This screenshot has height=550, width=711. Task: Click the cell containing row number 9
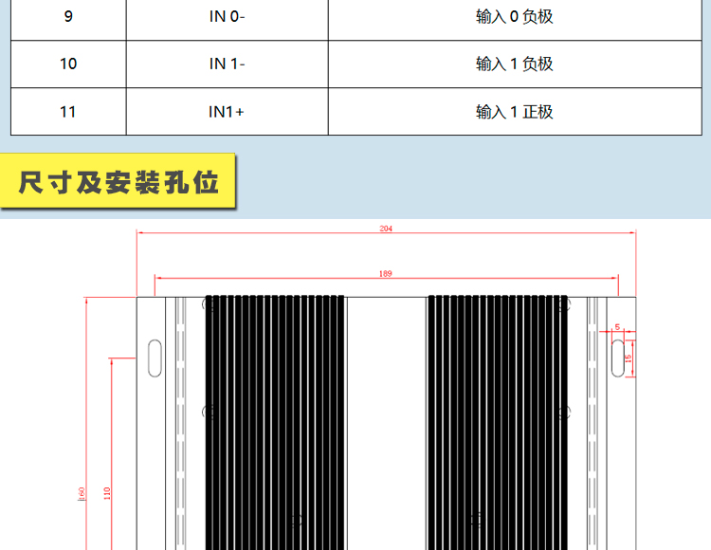coord(68,17)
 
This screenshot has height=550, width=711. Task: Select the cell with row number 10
coord(68,64)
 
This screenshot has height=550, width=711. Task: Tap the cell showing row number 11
coord(68,112)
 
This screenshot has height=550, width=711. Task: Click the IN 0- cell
coord(228,17)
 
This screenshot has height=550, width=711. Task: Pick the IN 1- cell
coord(228,64)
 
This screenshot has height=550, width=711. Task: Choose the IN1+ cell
coord(228,112)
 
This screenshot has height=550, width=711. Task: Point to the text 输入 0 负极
coord(514,17)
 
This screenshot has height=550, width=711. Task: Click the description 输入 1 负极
coord(514,64)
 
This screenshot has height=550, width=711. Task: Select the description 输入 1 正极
coord(514,112)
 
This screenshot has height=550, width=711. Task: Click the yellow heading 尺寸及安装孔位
coord(118,182)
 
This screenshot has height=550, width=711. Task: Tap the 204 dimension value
coord(386,229)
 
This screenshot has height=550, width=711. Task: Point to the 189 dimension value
coord(386,273)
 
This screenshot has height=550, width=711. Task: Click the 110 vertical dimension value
coord(107,493)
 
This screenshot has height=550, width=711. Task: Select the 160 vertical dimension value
coord(82,494)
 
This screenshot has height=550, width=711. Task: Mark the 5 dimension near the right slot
coord(617,327)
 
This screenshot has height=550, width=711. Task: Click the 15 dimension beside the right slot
coord(628,358)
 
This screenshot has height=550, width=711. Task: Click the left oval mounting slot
coord(155,358)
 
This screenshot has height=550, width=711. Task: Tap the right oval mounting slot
coord(618,358)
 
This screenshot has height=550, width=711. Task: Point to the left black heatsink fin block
coord(275,423)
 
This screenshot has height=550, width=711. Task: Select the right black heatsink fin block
coord(498,423)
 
